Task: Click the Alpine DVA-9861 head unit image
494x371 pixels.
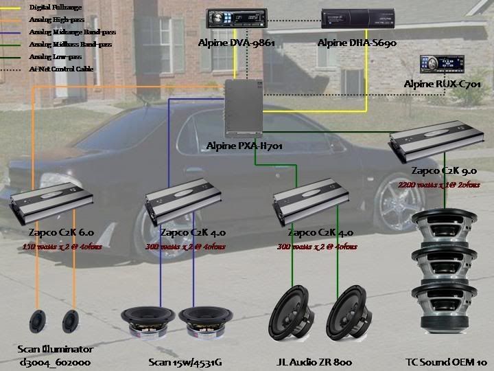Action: click(236, 23)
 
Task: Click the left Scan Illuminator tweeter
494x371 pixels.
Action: click(38, 322)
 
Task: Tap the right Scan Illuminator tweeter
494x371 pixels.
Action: click(69, 322)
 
